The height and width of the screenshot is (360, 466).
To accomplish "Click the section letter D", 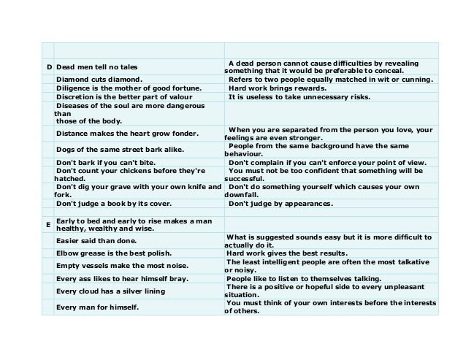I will [48, 66].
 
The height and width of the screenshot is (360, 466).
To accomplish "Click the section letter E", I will [48, 225].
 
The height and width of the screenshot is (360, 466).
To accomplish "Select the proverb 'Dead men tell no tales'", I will [93, 66].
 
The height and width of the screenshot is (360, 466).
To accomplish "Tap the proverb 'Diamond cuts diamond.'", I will [99, 79].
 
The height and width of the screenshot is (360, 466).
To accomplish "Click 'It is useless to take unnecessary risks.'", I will [299, 97].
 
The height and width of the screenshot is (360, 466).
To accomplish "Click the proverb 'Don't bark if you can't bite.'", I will [112, 162].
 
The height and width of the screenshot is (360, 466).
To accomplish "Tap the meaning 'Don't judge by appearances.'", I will [280, 204].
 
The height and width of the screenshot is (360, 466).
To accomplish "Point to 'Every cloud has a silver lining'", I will [110, 291].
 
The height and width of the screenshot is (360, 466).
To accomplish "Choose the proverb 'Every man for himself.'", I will [98, 307].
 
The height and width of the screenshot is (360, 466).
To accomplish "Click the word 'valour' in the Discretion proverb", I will [177, 97].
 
